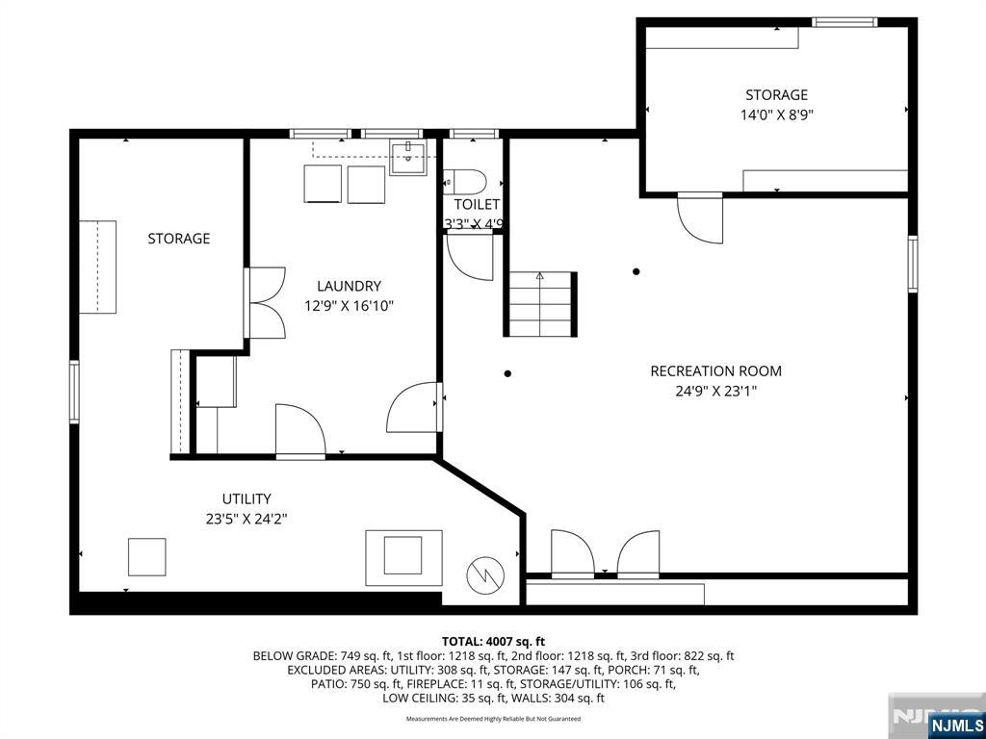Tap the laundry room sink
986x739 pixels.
(x=409, y=157)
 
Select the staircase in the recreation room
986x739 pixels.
(x=540, y=303)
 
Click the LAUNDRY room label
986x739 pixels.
(x=350, y=286)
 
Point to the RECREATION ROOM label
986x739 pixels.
(x=715, y=371)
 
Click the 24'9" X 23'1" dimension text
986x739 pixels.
(x=715, y=392)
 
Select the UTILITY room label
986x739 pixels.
(x=246, y=498)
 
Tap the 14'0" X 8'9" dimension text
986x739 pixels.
(x=776, y=115)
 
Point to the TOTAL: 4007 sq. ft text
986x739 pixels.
(x=493, y=641)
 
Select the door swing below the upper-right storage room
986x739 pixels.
(x=702, y=217)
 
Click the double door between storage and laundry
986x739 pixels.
(x=265, y=302)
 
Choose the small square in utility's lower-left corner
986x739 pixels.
(x=147, y=556)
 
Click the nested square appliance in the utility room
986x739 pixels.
(x=403, y=556)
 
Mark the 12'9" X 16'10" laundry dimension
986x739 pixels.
(x=350, y=306)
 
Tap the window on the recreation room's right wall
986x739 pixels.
(x=912, y=264)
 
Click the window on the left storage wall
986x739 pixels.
(x=73, y=391)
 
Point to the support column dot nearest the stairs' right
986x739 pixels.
(x=636, y=271)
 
